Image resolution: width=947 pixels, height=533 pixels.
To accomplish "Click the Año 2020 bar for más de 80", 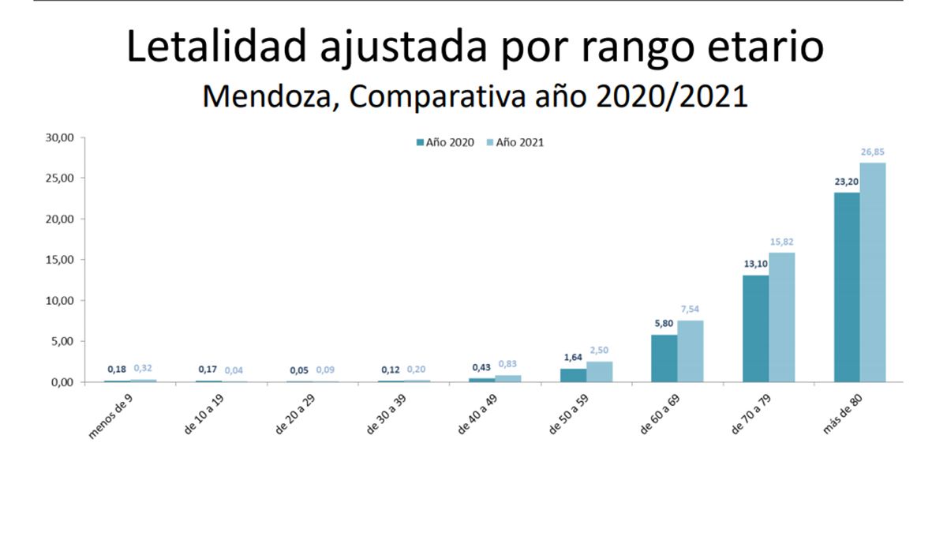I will [847, 287].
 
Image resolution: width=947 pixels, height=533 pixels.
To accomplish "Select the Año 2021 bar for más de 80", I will [873, 272].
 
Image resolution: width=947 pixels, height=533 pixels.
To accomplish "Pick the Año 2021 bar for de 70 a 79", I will [782, 317].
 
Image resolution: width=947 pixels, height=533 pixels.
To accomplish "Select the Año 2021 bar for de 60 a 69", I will [691, 351].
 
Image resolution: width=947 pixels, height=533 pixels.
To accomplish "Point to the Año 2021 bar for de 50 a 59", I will [600, 372].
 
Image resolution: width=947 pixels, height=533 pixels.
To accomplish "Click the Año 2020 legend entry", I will [446, 143].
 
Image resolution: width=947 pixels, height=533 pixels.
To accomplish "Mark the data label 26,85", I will [874, 152].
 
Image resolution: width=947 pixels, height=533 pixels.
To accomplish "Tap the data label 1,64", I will [573, 357].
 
